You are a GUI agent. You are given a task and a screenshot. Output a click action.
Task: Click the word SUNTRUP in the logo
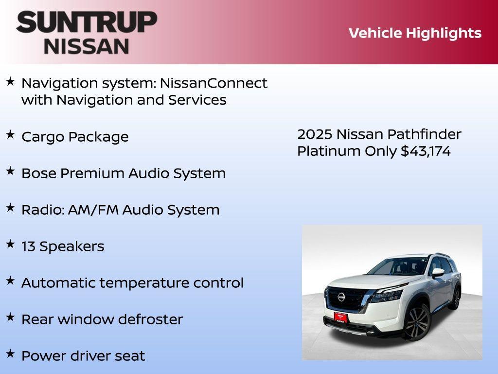[x=87, y=22]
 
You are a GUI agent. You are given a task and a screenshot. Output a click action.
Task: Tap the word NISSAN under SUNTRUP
[x=87, y=46]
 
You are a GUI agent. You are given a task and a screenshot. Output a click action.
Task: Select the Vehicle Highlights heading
[x=415, y=33]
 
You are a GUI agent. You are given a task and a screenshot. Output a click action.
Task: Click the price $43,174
[x=426, y=151]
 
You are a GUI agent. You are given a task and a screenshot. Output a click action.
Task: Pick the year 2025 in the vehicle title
[x=314, y=134]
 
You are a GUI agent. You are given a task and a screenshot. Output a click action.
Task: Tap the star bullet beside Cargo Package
[x=10, y=135]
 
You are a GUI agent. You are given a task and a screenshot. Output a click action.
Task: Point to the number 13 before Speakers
[x=28, y=246]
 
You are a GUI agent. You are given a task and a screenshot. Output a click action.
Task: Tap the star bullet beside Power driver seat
[x=10, y=354]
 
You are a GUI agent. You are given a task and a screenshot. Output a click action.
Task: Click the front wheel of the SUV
[x=417, y=323]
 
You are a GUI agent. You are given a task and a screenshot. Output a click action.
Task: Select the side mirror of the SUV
[x=438, y=272]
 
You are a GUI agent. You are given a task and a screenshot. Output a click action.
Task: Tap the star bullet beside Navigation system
[x=10, y=81]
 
